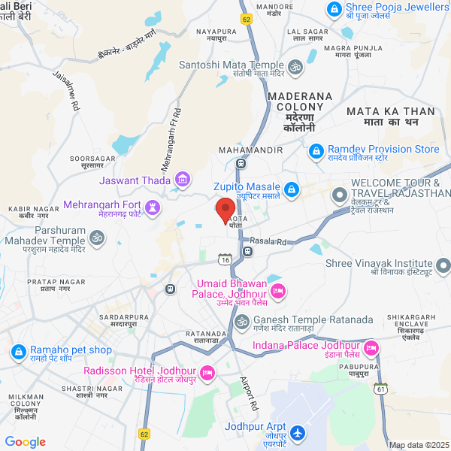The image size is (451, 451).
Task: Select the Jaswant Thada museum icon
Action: click(182, 179)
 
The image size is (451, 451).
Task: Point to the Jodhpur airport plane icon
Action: click(298, 433)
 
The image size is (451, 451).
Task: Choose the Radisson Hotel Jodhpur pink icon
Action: click(207, 373)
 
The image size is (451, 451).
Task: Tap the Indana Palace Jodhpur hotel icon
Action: click(371, 348)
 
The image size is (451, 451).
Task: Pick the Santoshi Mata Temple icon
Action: click(295, 66)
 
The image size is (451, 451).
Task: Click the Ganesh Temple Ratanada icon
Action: click(241, 321)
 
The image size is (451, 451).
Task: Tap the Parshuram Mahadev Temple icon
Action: click(96, 238)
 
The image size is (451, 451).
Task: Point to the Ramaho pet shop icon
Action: click(17, 351)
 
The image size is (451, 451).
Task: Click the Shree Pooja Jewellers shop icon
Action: click(332, 9)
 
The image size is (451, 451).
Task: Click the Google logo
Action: click(26, 442)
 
